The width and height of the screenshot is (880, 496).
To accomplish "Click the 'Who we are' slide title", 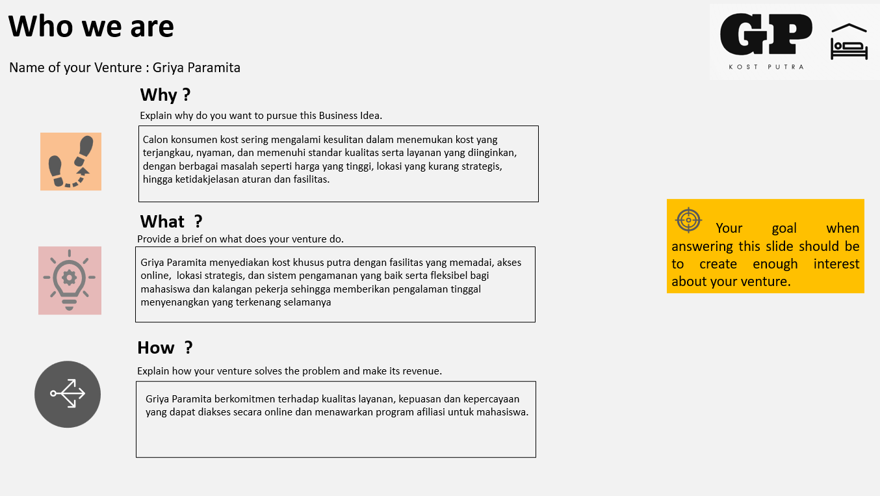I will point(91,27).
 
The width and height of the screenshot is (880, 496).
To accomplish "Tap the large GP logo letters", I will point(766,35).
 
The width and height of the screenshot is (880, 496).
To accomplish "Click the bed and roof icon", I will point(849,42).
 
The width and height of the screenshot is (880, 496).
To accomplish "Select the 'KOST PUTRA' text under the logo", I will point(766,67).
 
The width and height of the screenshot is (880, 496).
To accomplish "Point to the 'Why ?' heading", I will point(165,95).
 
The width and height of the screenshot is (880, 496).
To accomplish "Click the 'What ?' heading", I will point(171,222).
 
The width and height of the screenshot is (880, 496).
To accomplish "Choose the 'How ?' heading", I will point(164,348).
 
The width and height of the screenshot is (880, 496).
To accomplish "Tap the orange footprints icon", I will point(71,162).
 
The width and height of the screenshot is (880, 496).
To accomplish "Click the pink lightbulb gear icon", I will point(70,280).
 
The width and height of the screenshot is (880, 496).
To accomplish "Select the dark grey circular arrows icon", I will point(68,394).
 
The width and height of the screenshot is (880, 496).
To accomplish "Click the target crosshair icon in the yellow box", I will point(688,220).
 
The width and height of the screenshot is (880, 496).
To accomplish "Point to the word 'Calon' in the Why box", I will point(155,140).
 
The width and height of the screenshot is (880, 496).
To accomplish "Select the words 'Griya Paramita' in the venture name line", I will point(196,68).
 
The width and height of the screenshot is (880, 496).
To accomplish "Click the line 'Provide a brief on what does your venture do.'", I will point(240,239).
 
